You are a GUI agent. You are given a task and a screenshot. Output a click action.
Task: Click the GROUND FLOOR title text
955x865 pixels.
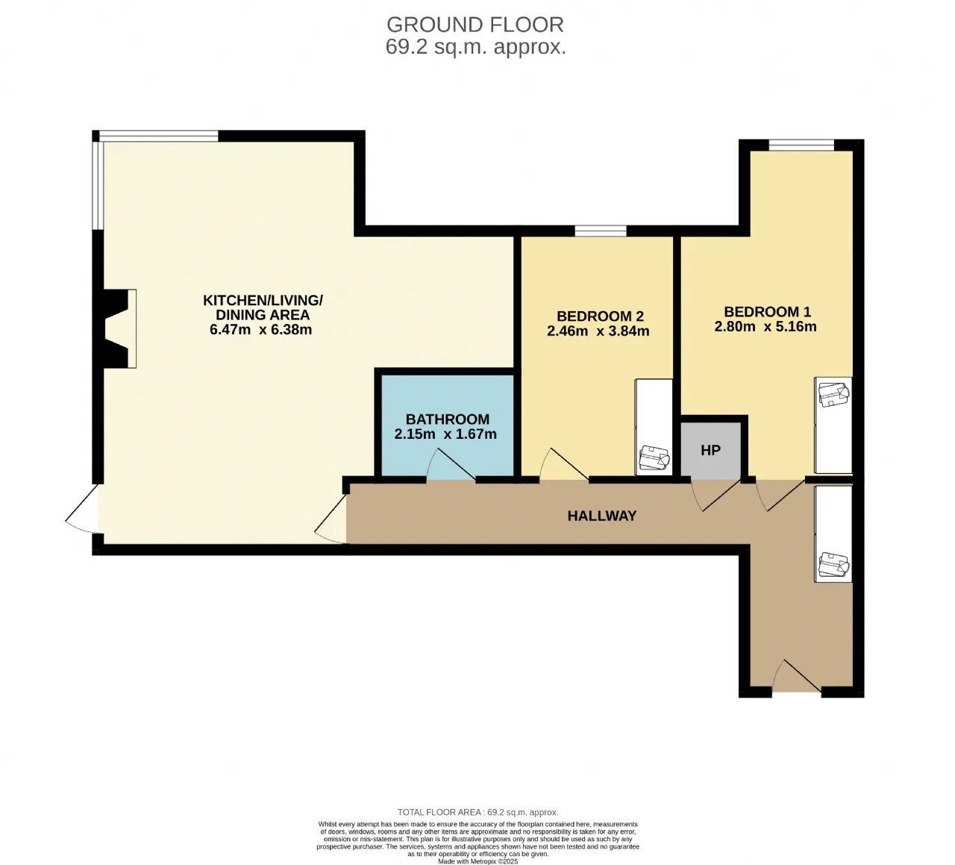tap(475, 25)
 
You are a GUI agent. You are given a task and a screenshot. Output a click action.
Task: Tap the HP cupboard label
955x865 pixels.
tap(710, 450)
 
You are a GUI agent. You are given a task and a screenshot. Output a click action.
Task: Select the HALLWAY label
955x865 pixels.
tap(602, 516)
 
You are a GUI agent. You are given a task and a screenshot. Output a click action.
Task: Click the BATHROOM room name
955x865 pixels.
tap(448, 419)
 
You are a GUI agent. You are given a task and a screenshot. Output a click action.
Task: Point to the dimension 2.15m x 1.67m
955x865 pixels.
tap(445, 434)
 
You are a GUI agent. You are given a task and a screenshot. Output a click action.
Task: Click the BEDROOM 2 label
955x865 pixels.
tap(600, 316)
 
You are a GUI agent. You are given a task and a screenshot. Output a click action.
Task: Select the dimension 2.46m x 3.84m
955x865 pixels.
tap(598, 331)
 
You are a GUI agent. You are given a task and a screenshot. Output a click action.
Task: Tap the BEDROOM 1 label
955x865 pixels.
tap(767, 312)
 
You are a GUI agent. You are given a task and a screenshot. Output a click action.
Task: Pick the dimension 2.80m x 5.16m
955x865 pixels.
tap(765, 327)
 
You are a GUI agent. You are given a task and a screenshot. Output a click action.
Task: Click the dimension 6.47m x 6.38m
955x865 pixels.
tap(261, 330)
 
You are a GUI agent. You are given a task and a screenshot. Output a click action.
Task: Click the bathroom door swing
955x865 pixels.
tap(451, 464)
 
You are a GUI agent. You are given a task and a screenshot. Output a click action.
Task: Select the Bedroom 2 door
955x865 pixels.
tap(564, 464)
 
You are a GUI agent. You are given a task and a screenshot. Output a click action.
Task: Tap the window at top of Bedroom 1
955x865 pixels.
tap(801, 145)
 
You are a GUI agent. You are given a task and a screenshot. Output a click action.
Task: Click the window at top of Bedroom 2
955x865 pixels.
tap(601, 231)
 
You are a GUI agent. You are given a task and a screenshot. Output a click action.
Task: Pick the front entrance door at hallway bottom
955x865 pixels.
tap(797, 676)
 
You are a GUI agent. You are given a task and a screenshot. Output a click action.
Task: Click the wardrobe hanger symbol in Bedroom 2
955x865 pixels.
tap(654, 458)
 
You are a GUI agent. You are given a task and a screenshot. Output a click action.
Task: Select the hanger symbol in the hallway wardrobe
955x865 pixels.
tap(833, 565)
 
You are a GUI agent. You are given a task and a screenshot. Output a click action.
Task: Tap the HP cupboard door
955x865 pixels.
tap(716, 496)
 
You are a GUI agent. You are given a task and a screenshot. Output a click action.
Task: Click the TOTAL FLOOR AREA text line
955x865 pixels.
tap(478, 812)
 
